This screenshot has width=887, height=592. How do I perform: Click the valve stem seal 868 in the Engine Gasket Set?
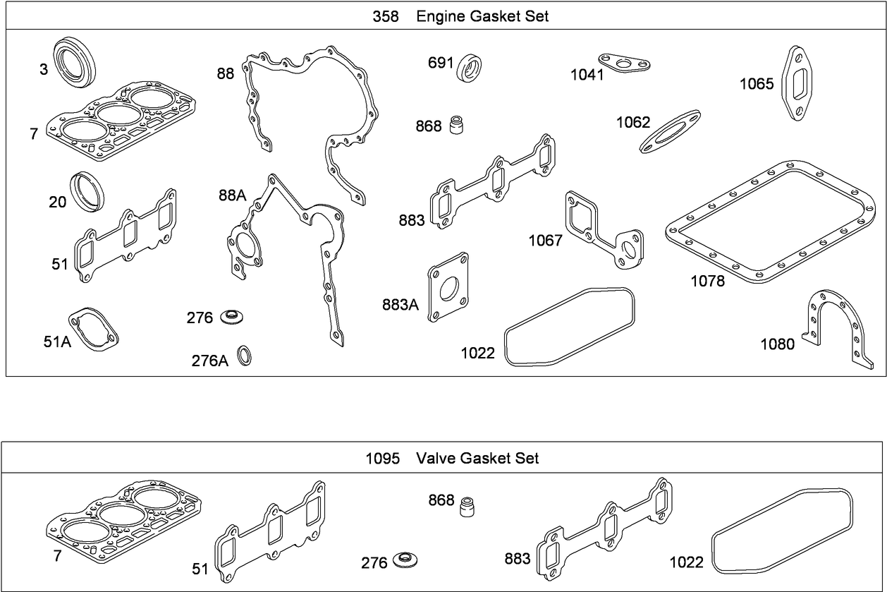(458, 124)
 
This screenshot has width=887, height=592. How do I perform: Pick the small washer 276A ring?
(244, 356)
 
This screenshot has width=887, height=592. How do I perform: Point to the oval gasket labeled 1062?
(670, 131)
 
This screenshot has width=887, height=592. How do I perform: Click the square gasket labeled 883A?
(448, 287)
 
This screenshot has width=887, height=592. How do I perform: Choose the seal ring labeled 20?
(87, 191)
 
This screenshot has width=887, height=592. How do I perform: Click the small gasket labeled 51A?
(93, 329)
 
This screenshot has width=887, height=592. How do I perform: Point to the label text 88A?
(231, 196)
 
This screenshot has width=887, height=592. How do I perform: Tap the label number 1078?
(707, 281)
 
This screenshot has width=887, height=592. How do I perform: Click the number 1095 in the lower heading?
(383, 459)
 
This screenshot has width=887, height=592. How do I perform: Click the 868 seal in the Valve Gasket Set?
(465, 506)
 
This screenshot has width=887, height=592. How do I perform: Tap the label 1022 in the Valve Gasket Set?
(686, 562)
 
